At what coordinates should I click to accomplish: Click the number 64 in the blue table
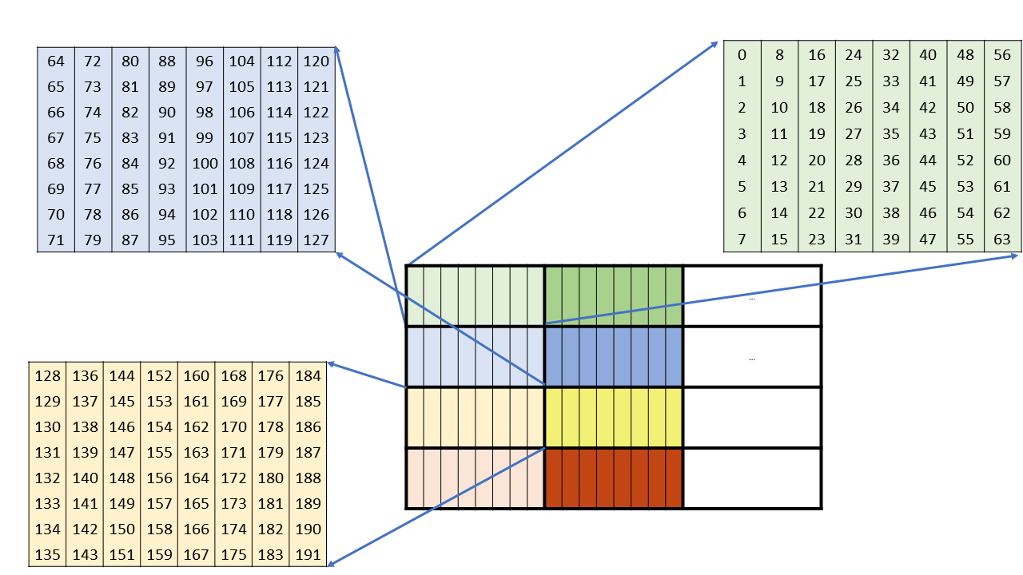[56, 61]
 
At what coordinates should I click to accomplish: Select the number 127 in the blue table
[316, 240]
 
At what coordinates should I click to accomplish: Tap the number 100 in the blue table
[205, 164]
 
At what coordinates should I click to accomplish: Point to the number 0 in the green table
[742, 55]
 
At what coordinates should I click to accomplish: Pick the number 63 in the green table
[1002, 239]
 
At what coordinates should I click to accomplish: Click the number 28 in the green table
[854, 161]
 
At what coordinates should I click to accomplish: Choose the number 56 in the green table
[1002, 55]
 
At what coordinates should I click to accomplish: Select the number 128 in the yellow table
[48, 376]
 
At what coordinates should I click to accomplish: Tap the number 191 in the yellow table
[308, 555]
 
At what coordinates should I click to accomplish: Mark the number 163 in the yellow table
[196, 453]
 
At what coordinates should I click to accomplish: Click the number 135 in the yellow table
[48, 555]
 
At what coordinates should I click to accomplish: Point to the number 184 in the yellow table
[308, 376]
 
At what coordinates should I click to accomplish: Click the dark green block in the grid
[614, 295]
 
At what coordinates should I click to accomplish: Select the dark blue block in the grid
[614, 356]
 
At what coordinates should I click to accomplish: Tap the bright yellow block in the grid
[614, 417]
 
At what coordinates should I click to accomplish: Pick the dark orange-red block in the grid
[614, 478]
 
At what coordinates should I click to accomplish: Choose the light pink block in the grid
[475, 478]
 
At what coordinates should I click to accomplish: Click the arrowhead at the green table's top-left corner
[717, 44]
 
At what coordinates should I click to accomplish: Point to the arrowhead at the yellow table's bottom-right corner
[332, 563]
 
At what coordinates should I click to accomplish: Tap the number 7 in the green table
[742, 239]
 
